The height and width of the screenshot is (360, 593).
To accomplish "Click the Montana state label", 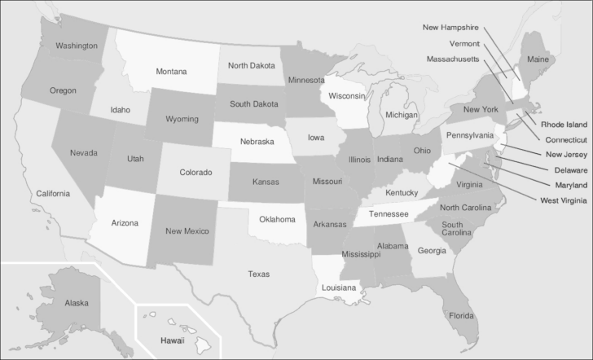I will tap(171, 72).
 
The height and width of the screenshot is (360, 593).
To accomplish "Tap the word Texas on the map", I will tap(258, 274).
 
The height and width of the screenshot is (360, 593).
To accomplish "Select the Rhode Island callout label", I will tap(564, 125).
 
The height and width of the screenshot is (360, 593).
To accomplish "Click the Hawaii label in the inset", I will tap(172, 340).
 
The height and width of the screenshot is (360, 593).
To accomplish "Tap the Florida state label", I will tap(462, 314).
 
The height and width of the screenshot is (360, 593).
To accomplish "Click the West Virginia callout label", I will tap(562, 200).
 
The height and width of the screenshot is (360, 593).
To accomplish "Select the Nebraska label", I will tap(257, 142).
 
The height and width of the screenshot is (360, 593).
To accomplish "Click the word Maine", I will tap(538, 59).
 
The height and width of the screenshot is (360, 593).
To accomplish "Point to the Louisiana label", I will tap(338, 288).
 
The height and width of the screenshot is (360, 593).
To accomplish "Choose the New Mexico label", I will tap(187, 231).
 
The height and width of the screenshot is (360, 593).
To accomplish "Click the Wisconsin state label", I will tap(346, 96).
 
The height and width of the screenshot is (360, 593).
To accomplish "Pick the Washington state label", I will tap(77, 46).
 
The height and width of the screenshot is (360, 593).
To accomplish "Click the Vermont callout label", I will tap(464, 43).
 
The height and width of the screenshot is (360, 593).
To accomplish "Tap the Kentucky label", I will tap(402, 193).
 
